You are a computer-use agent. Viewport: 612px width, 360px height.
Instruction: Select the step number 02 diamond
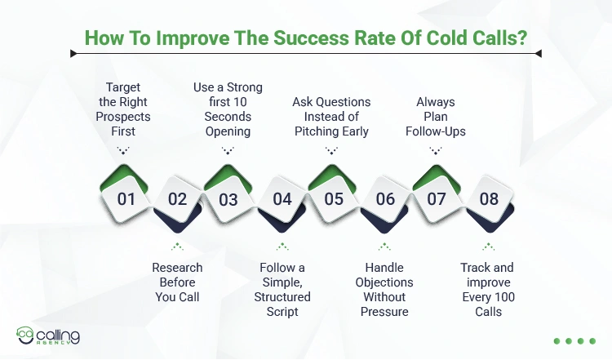(177, 198)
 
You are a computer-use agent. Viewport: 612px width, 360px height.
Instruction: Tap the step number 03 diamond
(228, 198)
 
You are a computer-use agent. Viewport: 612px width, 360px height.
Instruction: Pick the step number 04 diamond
(282, 198)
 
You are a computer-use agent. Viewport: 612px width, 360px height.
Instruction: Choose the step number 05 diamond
(333, 198)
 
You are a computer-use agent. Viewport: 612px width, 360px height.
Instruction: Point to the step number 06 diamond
(385, 198)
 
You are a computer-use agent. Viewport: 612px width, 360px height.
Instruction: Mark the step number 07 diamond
(437, 198)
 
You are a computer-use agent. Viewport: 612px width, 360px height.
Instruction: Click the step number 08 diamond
(489, 198)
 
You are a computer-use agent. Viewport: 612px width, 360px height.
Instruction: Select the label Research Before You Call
(177, 282)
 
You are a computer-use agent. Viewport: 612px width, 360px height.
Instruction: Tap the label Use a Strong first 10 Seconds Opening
(228, 109)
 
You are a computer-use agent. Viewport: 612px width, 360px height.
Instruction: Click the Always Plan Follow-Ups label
(436, 117)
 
